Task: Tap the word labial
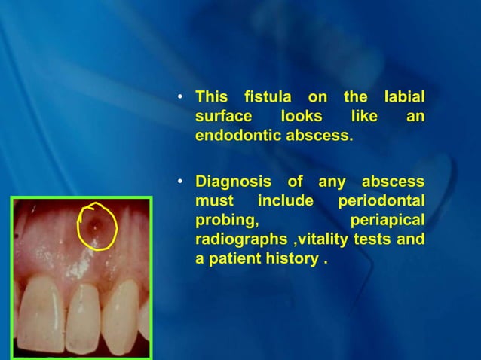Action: click(x=403, y=98)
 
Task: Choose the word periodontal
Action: click(x=380, y=202)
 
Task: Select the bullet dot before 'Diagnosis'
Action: click(x=179, y=182)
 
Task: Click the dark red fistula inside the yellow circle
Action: click(x=94, y=224)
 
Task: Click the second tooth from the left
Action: click(x=89, y=320)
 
